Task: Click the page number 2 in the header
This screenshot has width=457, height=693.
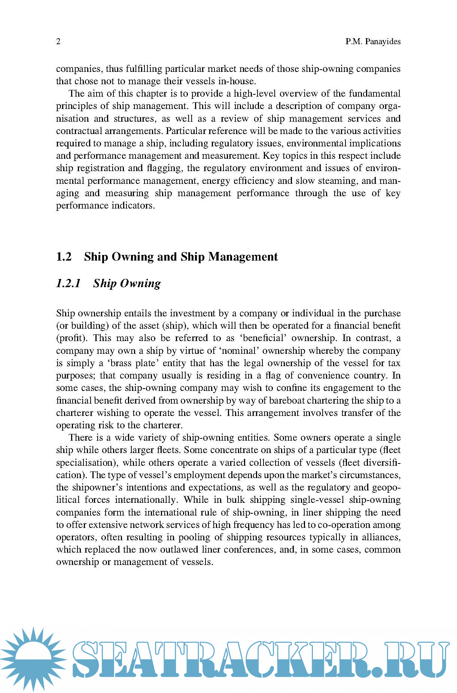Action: point(58,42)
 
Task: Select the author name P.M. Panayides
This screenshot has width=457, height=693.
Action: point(373,42)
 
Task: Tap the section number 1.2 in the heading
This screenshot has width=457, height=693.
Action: point(64,257)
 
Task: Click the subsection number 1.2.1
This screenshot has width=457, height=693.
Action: point(68,283)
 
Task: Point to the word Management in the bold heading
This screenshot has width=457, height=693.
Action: point(243,257)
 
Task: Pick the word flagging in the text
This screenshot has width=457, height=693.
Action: point(164,168)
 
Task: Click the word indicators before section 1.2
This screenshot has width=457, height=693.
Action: point(133,206)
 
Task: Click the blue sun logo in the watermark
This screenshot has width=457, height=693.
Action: point(33,659)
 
